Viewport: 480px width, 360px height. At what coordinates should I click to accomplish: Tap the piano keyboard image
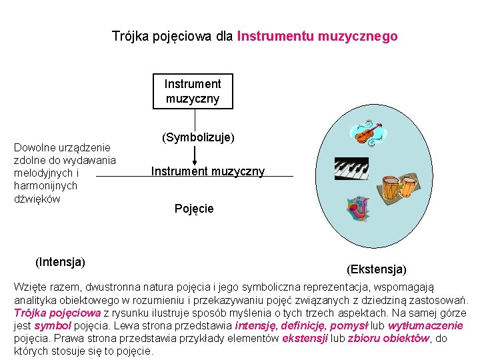351,169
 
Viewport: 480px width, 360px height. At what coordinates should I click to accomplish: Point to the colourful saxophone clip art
361,210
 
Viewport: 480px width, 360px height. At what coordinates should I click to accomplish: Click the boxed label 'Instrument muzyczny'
193,91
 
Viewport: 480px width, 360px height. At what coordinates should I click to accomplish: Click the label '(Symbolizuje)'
198,137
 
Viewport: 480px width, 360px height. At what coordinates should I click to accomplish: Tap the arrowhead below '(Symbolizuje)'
195,161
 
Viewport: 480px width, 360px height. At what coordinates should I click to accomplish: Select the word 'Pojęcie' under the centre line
194,209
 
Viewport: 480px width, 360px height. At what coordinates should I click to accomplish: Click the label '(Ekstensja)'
376,269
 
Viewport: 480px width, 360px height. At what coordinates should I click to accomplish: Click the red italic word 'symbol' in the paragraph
52,325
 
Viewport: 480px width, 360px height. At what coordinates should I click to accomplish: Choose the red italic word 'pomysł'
349,325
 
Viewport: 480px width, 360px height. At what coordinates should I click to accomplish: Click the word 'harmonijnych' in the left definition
45,186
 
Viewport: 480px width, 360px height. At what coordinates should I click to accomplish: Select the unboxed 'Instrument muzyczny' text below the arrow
208,171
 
